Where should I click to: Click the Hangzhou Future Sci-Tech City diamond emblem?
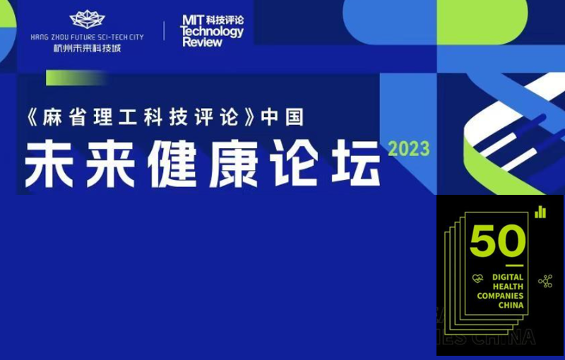point(87,20)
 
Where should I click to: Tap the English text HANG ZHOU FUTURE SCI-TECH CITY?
point(87,37)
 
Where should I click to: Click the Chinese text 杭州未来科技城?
point(87,48)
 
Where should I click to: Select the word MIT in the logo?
point(193,20)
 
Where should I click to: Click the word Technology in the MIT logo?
point(212,32)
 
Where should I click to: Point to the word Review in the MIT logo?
point(202,42)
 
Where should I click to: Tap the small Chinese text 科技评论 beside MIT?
point(225,20)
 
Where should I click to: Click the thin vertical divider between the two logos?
point(165,30)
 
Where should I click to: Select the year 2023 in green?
point(409,149)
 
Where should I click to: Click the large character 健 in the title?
point(172,164)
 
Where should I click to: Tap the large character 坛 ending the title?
point(356,164)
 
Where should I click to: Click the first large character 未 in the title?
point(49,164)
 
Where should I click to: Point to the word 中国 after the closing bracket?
point(282,117)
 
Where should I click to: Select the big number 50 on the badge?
point(498,241)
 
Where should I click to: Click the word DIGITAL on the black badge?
point(508,277)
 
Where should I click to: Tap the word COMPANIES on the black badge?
point(500,296)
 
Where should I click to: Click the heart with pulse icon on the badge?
point(478,278)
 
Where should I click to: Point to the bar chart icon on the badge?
point(540,212)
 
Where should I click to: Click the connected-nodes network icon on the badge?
point(545,281)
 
